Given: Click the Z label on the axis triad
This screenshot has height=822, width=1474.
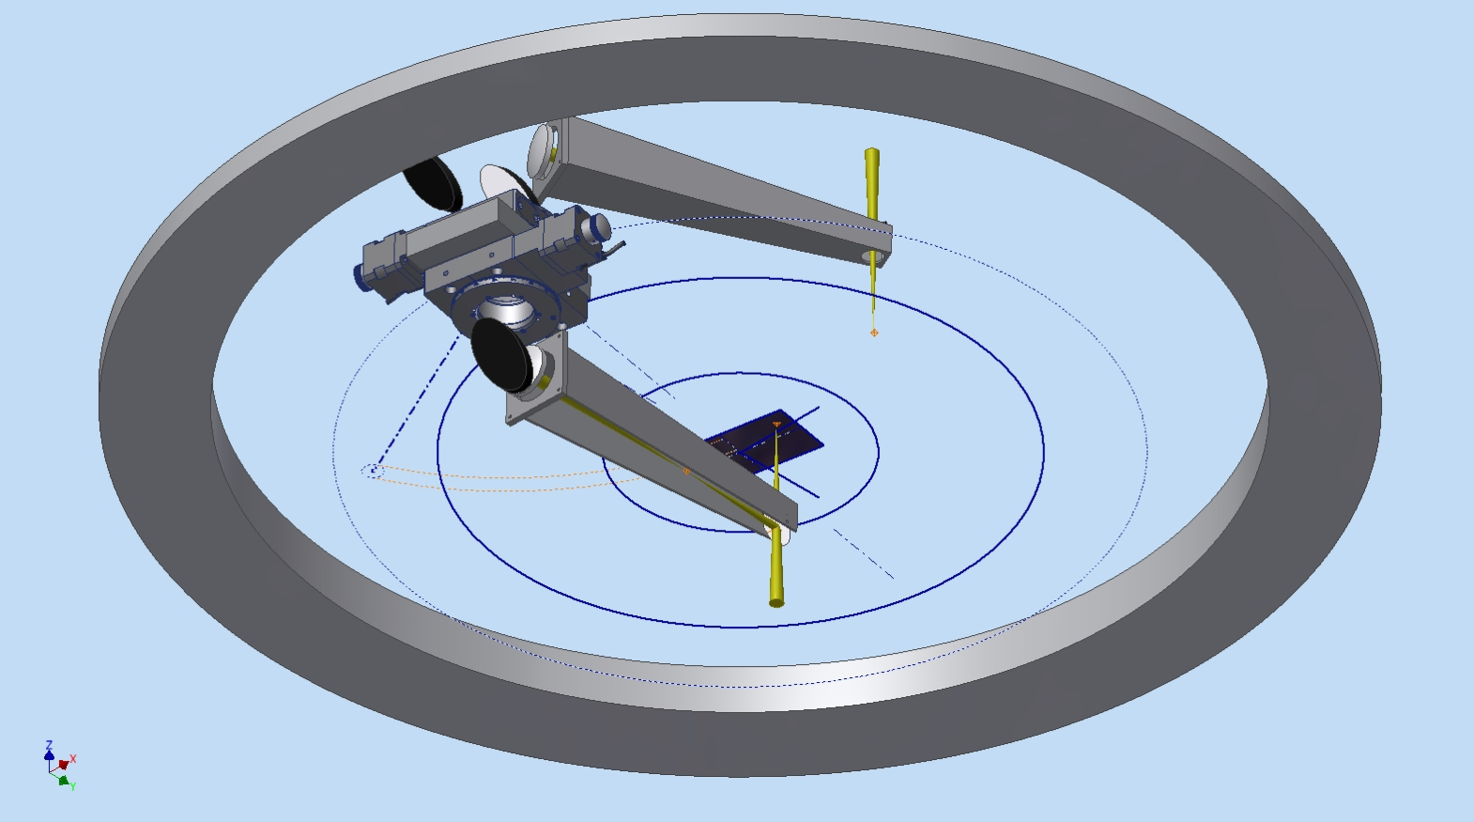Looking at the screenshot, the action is pos(49,745).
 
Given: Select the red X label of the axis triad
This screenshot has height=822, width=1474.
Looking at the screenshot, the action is pos(73,759).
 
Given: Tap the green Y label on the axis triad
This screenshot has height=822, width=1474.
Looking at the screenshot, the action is pos(72,785).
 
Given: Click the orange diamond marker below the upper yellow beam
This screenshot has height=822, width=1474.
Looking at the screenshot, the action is pos(874,333).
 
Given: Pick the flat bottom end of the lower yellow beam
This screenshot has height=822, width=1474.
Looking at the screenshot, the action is pos(776,601).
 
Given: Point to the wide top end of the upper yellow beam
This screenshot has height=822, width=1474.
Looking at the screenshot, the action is pos(872,152).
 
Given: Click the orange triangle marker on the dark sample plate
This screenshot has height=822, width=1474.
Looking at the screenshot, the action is pos(776,425).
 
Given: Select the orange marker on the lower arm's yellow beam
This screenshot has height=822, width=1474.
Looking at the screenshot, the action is pos(686,471).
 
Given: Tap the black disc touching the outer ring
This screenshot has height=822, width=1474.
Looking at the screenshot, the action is pos(432,182).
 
